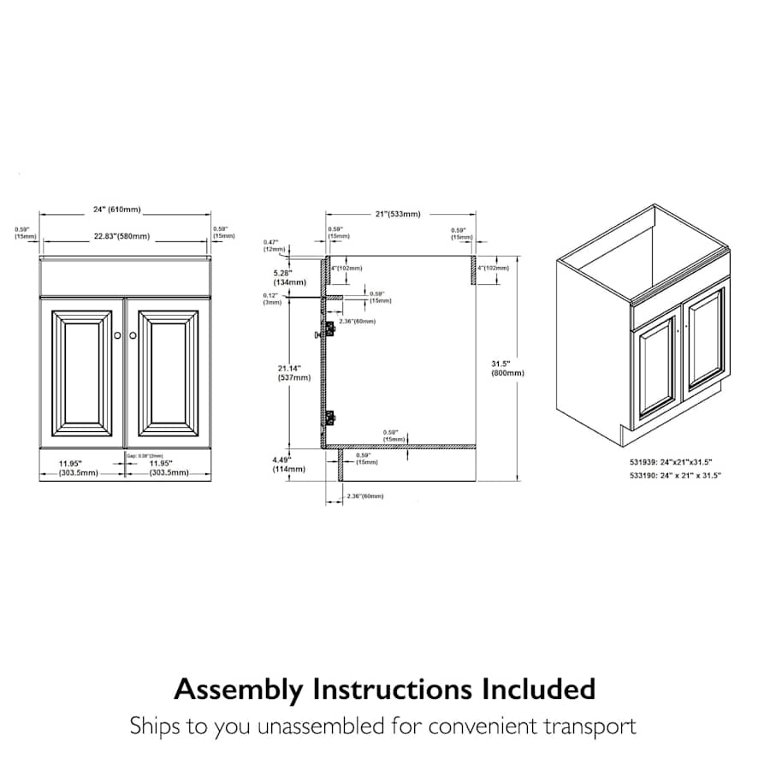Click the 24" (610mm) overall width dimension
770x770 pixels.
[x=117, y=210]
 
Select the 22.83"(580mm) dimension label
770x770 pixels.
[x=121, y=236]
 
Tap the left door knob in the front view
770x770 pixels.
[x=117, y=336]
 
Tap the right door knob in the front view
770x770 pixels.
[x=133, y=336]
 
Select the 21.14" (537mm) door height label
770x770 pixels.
[x=288, y=374]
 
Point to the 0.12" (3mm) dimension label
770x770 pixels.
[x=271, y=299]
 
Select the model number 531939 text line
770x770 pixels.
[x=670, y=459]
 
